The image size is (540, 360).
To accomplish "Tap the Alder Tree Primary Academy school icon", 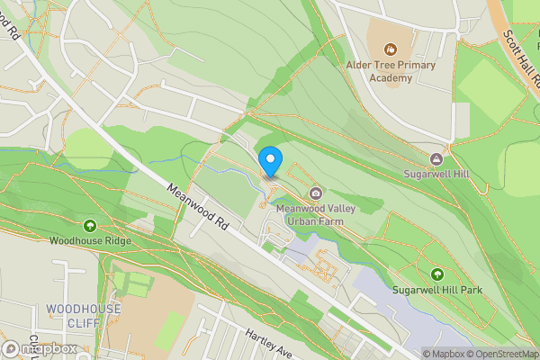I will [x=391, y=49].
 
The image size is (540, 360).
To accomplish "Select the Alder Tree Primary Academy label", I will [x=391, y=71].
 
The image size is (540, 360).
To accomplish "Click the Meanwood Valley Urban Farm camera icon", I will [x=316, y=193].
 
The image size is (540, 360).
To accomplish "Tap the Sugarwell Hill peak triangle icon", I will [x=436, y=158].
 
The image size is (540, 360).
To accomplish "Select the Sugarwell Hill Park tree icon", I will [x=437, y=274].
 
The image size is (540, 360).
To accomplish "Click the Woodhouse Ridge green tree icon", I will [x=90, y=225].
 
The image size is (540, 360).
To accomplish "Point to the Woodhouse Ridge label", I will [x=90, y=241].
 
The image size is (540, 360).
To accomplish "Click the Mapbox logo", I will [x=40, y=348].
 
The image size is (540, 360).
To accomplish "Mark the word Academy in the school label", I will [x=391, y=77].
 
